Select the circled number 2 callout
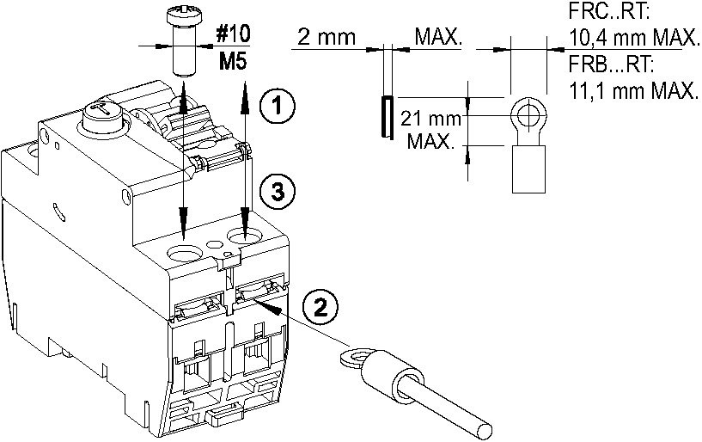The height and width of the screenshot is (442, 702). (320, 306)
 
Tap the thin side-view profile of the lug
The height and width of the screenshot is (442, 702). (387, 119)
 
